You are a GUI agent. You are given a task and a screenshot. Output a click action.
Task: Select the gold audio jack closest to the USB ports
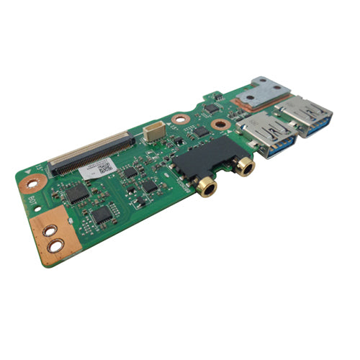[x=246, y=168]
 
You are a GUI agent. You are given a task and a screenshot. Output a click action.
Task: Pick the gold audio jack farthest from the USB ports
[x=207, y=189]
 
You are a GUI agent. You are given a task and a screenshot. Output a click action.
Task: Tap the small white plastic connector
[x=152, y=132]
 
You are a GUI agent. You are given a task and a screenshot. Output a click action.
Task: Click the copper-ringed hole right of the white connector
[x=179, y=118]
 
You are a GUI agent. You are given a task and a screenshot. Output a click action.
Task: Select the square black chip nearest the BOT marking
[x=77, y=192]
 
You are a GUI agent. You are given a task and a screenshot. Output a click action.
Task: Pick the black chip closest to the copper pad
[x=102, y=213]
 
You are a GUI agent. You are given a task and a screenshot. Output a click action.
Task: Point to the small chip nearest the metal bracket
[x=211, y=107]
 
